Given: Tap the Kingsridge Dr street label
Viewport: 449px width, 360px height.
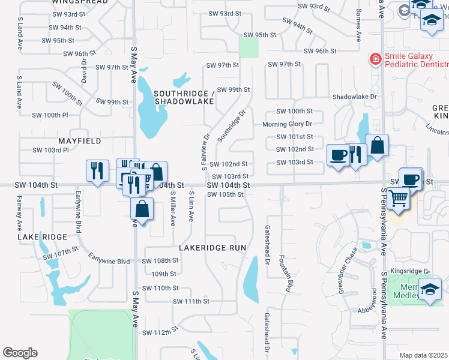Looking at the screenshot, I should coord(409,271).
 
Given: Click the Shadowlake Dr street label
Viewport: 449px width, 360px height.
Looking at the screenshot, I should coord(354,96).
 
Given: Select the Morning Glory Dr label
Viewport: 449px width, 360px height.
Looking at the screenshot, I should coord(288,124).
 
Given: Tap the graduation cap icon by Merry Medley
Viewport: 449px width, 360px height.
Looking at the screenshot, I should coord(430,290).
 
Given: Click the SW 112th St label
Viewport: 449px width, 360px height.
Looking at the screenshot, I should coord(160,332).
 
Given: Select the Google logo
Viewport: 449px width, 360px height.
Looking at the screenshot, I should coord(20,353).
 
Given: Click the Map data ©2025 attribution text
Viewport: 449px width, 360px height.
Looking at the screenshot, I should coord(423,355).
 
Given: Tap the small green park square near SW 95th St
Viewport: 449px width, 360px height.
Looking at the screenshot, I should coord(249,46).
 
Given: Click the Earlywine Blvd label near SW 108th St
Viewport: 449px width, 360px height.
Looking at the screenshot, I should coord(109,261).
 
